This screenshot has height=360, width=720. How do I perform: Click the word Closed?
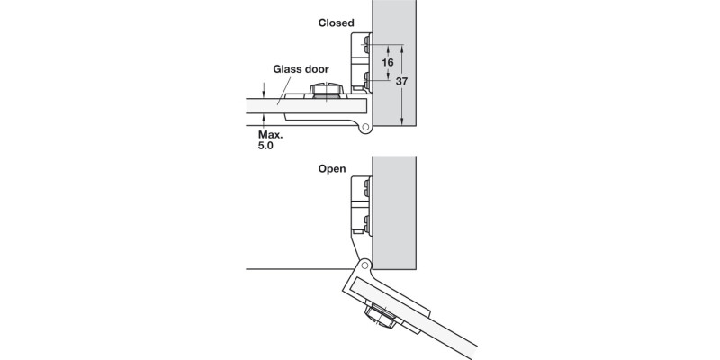[x=336, y=22]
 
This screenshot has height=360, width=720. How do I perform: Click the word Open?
[x=332, y=168]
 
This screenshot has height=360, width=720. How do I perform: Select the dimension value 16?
[x=388, y=63]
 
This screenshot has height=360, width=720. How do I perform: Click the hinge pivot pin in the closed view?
[x=366, y=129]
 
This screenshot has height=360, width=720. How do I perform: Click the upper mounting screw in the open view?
[x=365, y=187]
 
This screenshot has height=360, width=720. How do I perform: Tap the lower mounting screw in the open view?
[x=365, y=222]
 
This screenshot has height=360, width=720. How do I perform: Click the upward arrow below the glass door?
[x=262, y=122]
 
